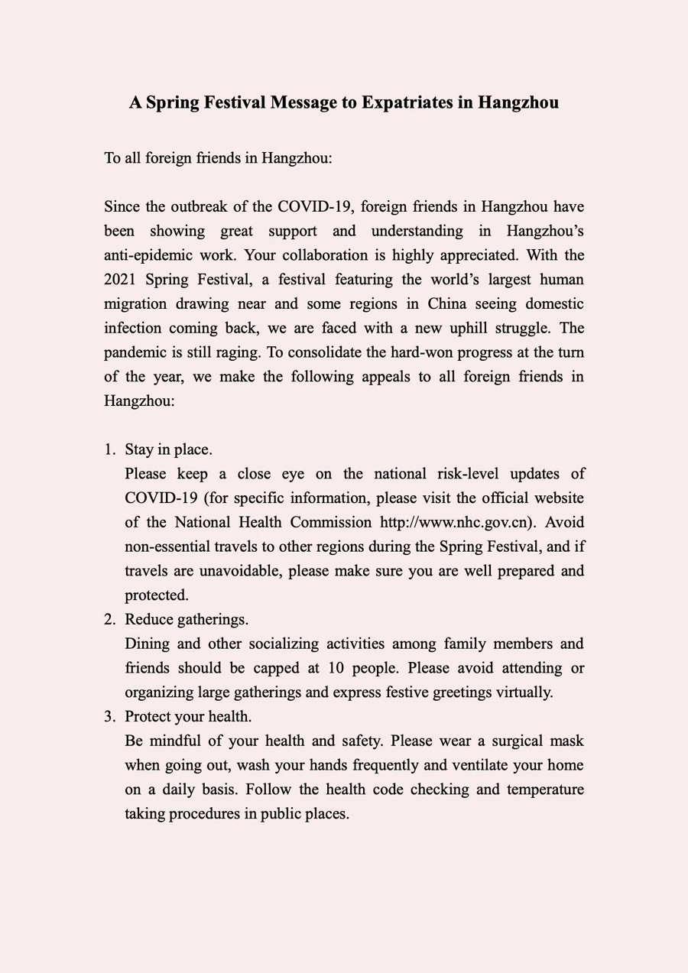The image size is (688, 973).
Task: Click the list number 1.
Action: coord(109,449)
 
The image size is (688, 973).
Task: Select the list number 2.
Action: coord(109,619)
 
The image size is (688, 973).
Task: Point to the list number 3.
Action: coord(109,717)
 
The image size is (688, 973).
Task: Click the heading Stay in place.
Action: coord(169,449)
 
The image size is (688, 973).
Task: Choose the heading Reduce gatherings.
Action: coord(187,619)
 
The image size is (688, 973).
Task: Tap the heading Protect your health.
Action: coord(188,717)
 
